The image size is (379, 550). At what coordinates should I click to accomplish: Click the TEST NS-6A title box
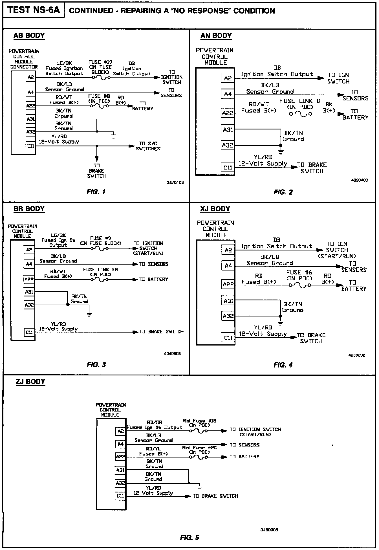(34, 10)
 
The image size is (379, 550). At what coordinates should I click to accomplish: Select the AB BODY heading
(29, 36)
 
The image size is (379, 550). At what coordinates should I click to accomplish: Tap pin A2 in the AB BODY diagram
(30, 77)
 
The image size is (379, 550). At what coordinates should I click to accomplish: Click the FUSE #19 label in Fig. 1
(100, 62)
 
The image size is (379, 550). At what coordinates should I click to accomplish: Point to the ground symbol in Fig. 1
(113, 136)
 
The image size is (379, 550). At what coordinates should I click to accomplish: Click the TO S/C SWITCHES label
(148, 146)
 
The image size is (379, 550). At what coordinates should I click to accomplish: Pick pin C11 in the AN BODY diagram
(228, 168)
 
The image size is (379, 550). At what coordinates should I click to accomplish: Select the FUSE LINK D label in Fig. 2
(300, 101)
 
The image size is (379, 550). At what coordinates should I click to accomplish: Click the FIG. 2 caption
(283, 192)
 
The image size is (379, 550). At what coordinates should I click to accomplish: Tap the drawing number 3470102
(175, 182)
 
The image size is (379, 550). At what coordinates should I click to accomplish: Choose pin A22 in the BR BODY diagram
(29, 279)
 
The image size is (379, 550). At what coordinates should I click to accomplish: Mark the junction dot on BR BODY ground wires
(67, 305)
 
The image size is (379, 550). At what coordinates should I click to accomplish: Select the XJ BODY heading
(215, 209)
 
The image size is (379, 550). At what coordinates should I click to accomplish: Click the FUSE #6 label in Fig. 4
(299, 272)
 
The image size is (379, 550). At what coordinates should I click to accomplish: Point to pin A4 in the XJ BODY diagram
(228, 265)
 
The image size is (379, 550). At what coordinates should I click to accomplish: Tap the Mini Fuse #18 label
(199, 421)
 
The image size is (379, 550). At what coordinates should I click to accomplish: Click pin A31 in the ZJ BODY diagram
(120, 470)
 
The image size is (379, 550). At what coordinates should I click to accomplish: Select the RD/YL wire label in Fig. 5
(153, 448)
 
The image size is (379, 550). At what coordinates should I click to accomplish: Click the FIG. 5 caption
(189, 538)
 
